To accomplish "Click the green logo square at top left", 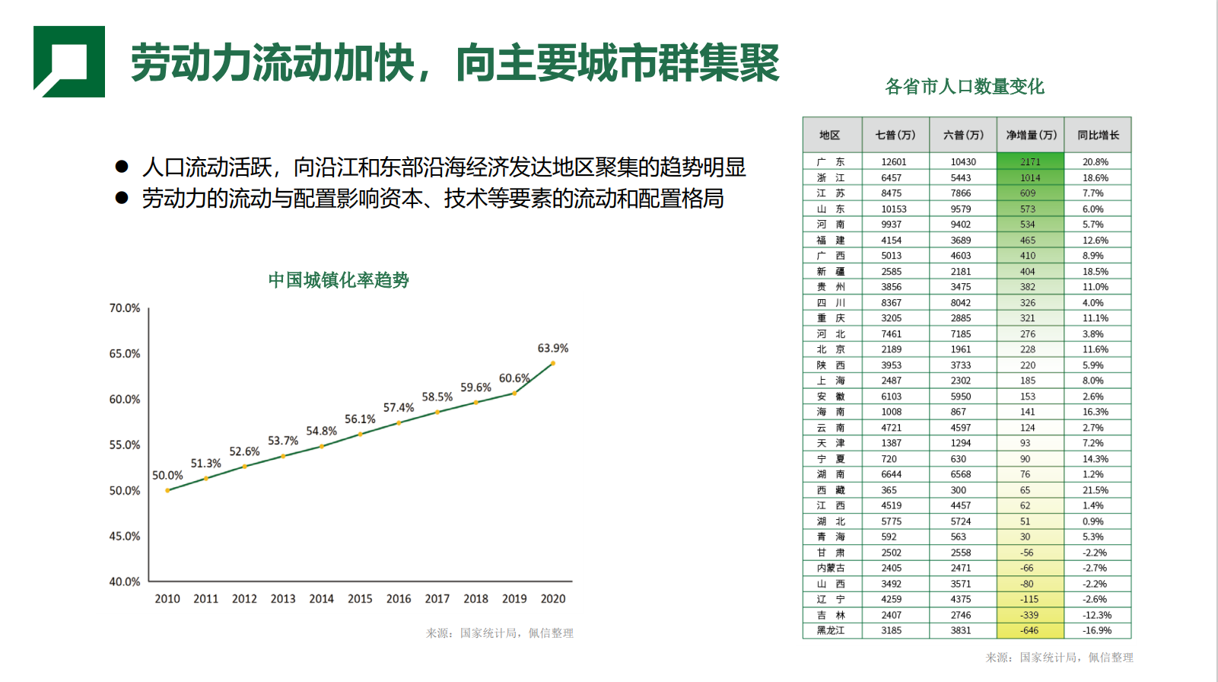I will (x=68, y=61).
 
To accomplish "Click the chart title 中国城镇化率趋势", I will (x=339, y=280).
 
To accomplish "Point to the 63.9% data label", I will (x=553, y=349).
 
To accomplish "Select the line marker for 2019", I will (x=515, y=393).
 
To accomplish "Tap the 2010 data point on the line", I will (x=167, y=490).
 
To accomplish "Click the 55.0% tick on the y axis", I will (x=125, y=445).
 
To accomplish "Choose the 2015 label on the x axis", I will (x=360, y=599).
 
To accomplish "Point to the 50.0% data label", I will (x=167, y=476).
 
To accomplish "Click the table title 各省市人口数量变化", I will (x=965, y=87).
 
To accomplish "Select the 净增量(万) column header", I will (x=1031, y=135).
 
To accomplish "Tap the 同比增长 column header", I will (x=1098, y=135).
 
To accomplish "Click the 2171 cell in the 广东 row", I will (x=1030, y=162).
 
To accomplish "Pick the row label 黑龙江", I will (x=831, y=630).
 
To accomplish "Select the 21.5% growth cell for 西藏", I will (x=1096, y=490).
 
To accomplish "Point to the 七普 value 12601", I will (x=894, y=162).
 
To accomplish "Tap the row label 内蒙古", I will (x=831, y=568).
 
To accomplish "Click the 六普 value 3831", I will (x=961, y=630).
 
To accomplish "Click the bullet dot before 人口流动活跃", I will (x=122, y=167).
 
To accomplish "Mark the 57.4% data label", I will (x=399, y=408).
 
